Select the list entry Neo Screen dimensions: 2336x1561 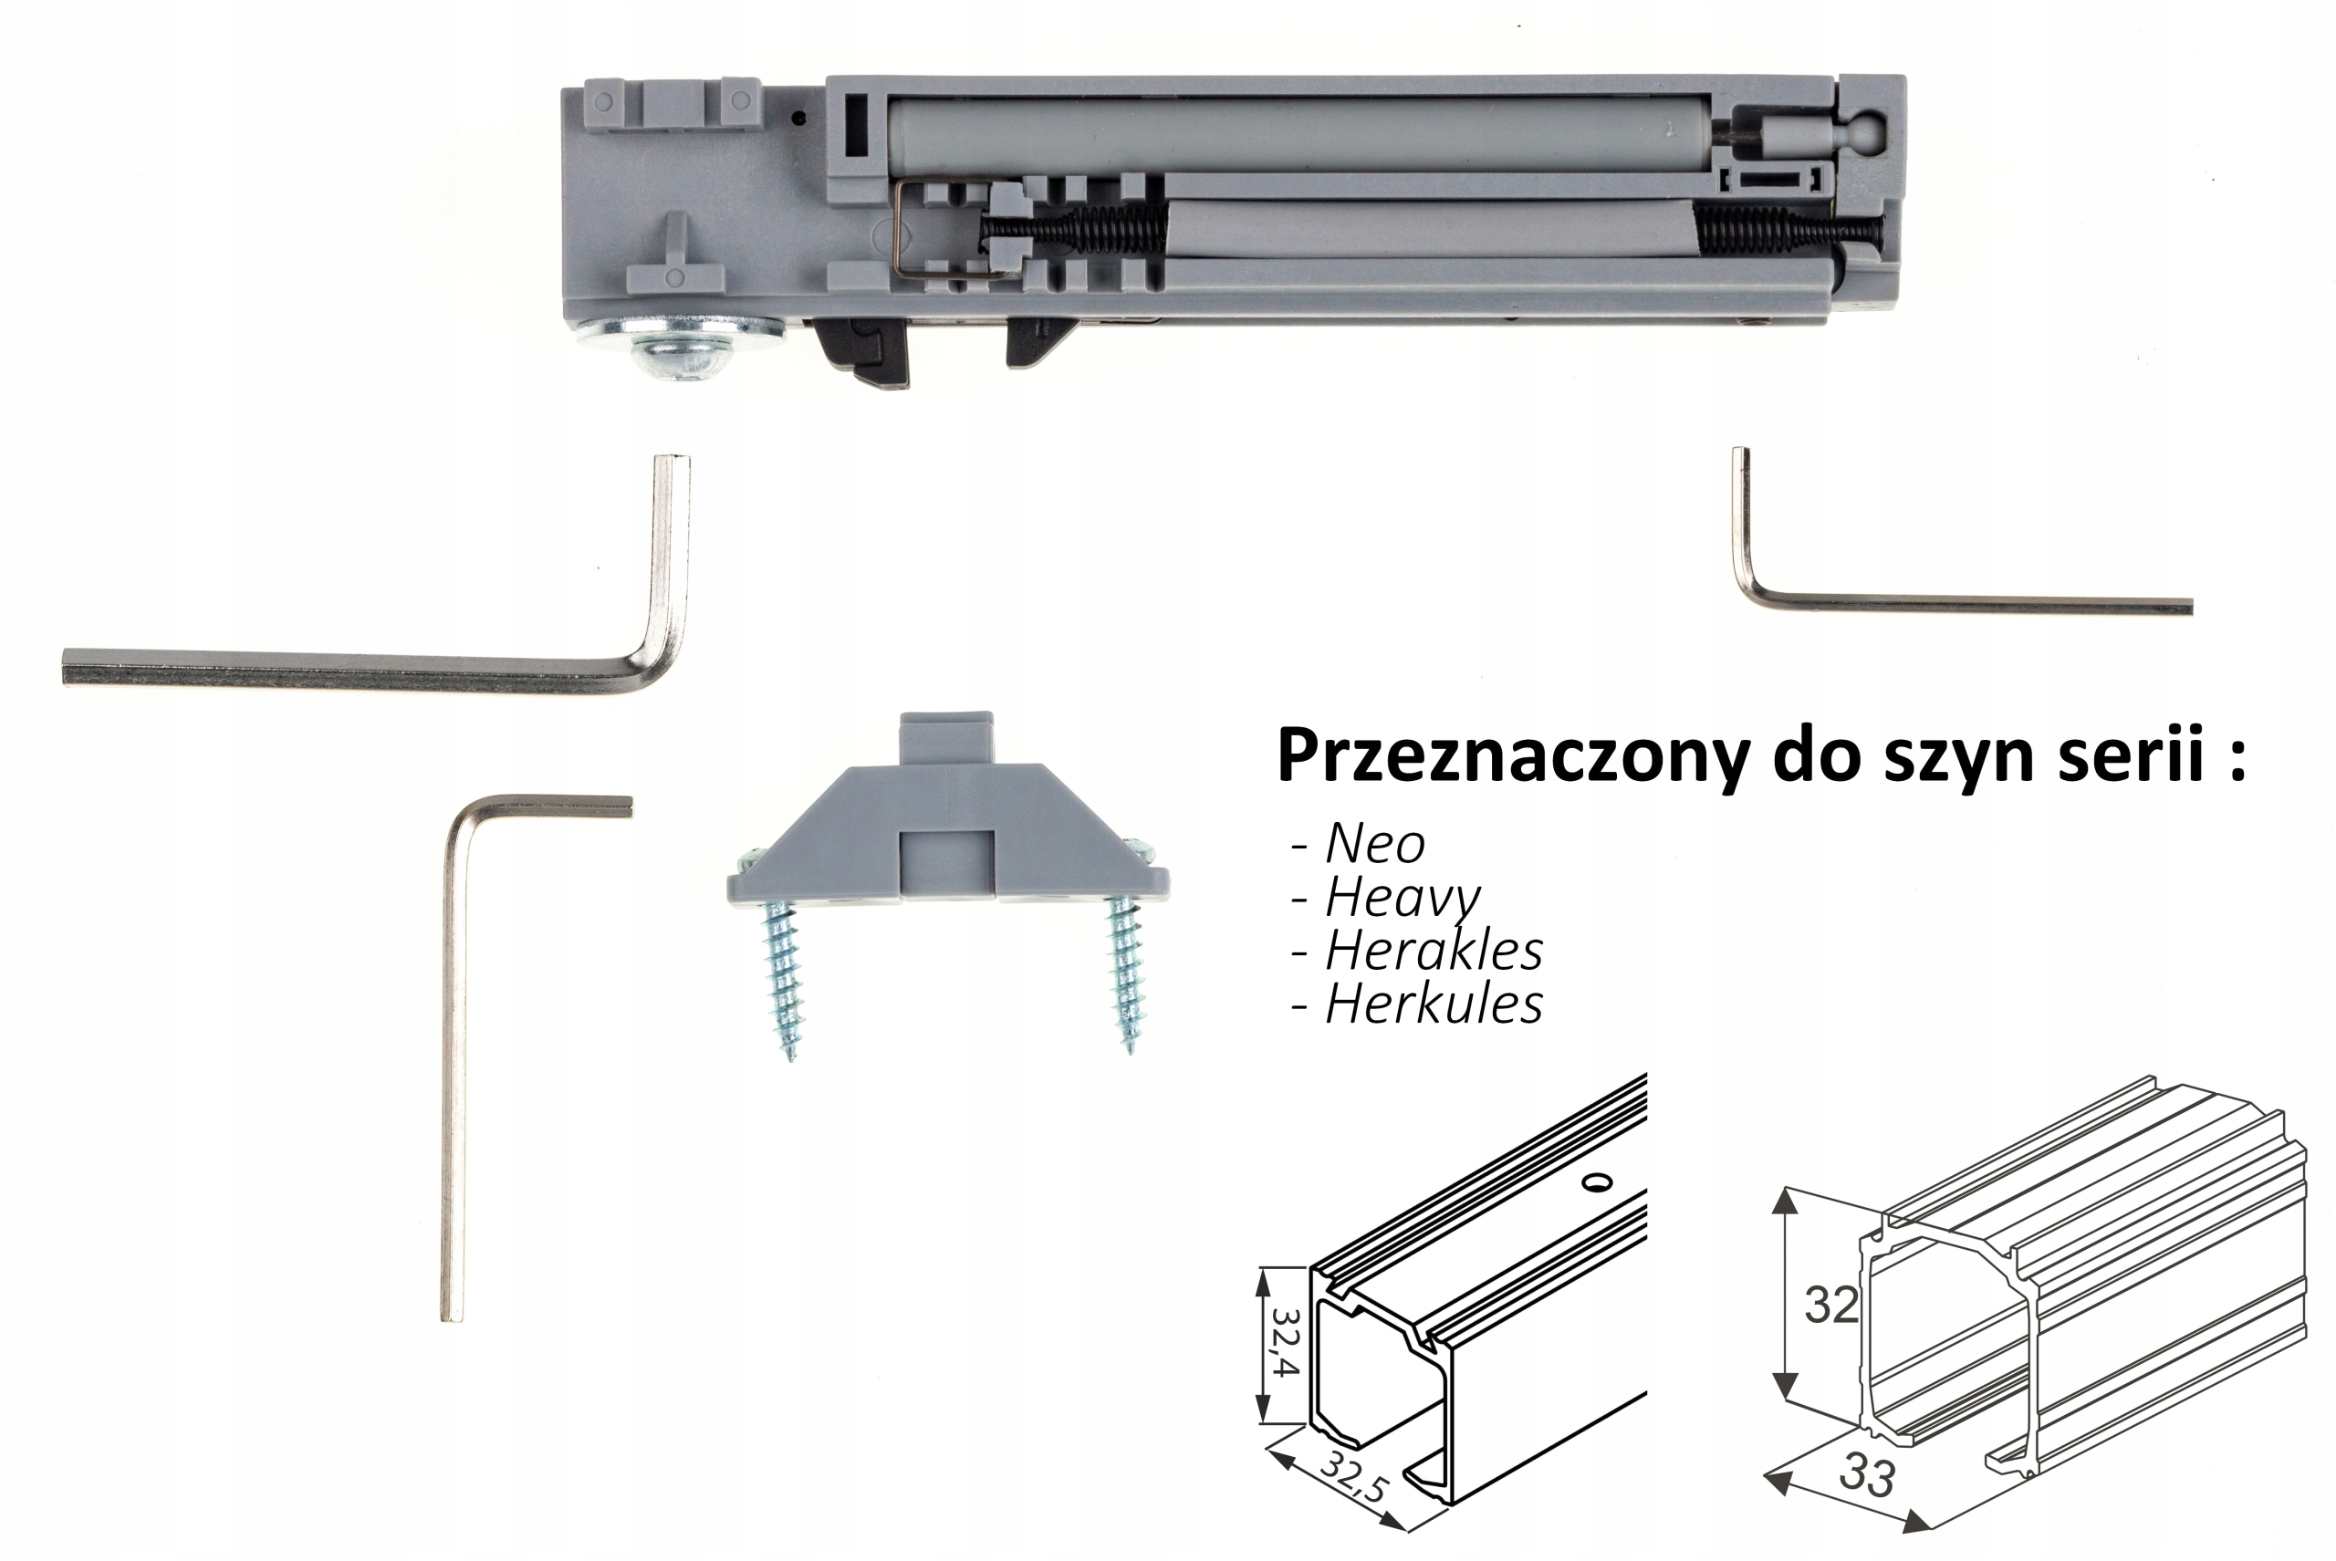point(1375,844)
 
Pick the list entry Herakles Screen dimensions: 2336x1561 point(1434,951)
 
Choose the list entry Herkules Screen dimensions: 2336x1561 point(1434,1004)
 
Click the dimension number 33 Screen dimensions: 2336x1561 point(1866,1473)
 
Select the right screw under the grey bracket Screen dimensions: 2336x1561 point(1125,973)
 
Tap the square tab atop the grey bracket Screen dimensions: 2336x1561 point(946,736)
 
